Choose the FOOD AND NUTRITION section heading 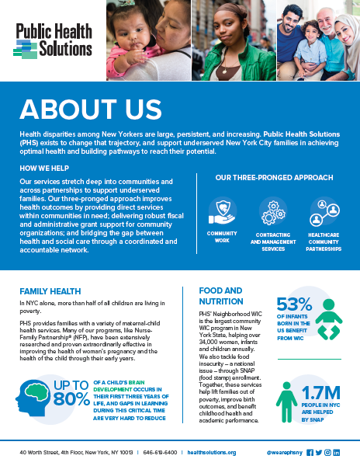220,296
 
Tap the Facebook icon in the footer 310,452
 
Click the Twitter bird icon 318,452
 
